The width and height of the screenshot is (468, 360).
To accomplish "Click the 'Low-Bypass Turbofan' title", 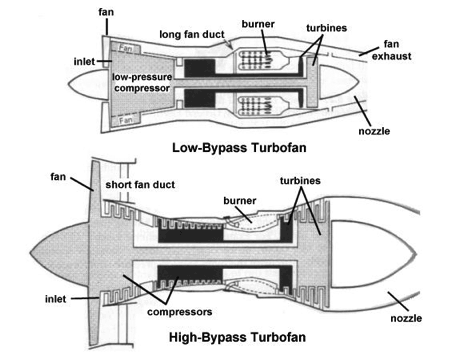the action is pyautogui.click(x=239, y=148).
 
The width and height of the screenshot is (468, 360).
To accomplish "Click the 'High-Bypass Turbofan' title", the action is pyautogui.click(x=237, y=337).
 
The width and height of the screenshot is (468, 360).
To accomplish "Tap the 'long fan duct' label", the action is pyautogui.click(x=192, y=34).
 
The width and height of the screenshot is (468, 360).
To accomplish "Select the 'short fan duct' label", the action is pyautogui.click(x=140, y=185).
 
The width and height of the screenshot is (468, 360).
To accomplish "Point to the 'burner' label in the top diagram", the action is pyautogui.click(x=258, y=24).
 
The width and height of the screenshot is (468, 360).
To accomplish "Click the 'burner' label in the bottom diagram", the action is pyautogui.click(x=240, y=201).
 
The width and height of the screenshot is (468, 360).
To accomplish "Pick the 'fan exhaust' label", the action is pyautogui.click(x=391, y=50).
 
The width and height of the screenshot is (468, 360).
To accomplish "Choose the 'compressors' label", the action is pyautogui.click(x=180, y=312).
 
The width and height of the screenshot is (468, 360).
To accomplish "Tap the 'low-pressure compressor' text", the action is pyautogui.click(x=142, y=83).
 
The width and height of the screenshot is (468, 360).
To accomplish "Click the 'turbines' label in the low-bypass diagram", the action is pyautogui.click(x=326, y=28).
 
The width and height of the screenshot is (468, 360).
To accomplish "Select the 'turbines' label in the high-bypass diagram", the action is pyautogui.click(x=300, y=181).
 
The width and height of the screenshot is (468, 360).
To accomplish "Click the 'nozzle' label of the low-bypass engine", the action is pyautogui.click(x=374, y=131).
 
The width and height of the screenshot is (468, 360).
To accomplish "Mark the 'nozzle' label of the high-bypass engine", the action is pyautogui.click(x=406, y=318).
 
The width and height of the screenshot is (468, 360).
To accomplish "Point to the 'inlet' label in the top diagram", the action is pyautogui.click(x=84, y=62).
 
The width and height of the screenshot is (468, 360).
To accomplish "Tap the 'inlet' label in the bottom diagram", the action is pyautogui.click(x=56, y=299).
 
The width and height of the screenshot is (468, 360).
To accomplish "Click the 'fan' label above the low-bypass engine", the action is pyautogui.click(x=106, y=12).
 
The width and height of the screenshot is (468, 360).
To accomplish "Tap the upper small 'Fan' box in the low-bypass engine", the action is pyautogui.click(x=125, y=48).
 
